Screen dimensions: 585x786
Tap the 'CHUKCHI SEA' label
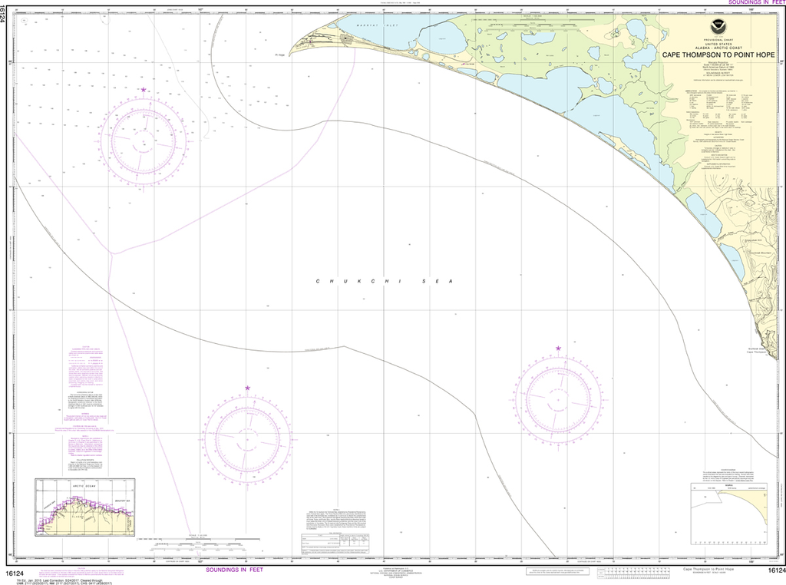click(385, 283)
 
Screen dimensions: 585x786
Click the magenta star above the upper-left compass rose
click(144, 90)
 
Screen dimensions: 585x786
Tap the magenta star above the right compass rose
click(558, 349)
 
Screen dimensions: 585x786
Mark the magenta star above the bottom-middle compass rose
click(247, 388)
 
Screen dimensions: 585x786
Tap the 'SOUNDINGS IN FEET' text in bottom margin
click(235, 570)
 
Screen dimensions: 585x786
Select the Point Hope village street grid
click(347, 38)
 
